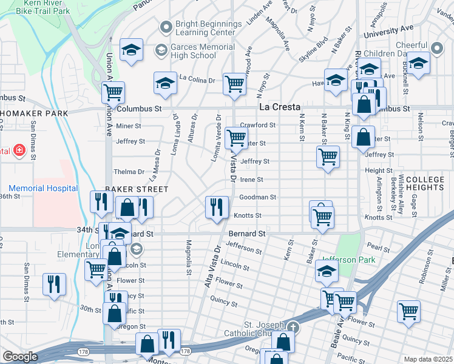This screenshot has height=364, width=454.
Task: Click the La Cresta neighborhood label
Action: (280, 107)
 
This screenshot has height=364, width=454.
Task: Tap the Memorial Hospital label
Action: (43, 188)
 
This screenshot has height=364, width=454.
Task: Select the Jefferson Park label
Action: (349, 260)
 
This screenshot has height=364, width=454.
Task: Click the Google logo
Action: (20, 357)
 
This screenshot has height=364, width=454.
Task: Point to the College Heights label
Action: (430, 184)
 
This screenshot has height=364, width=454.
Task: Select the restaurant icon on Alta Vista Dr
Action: (217, 207)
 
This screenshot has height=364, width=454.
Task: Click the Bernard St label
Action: (247, 233)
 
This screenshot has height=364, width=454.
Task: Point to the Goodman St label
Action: (258, 197)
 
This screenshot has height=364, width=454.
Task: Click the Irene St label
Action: (251, 180)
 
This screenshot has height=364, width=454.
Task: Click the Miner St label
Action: (128, 126)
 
